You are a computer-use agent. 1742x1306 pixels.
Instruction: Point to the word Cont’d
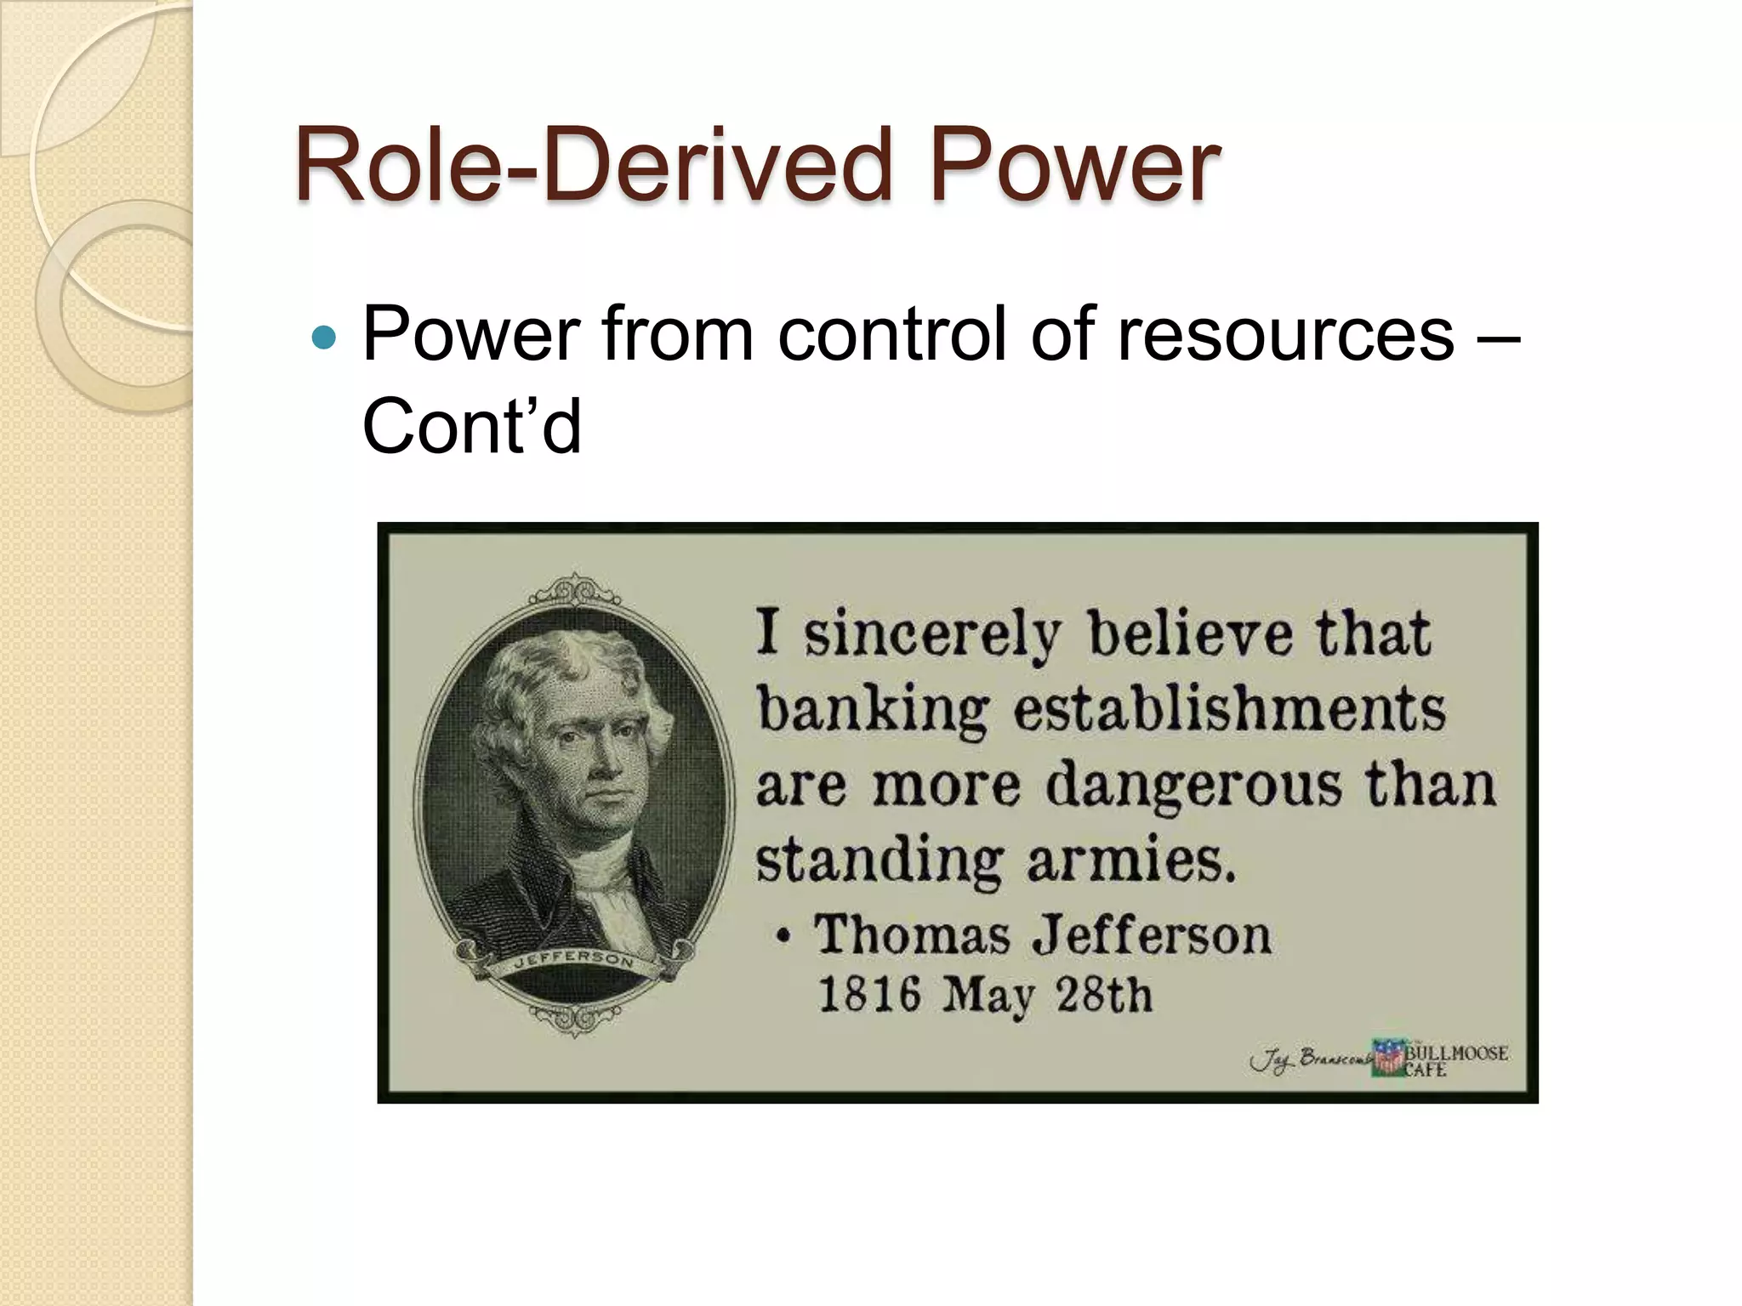pyautogui.click(x=472, y=426)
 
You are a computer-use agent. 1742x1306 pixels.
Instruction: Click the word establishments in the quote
pyautogui.click(x=1229, y=711)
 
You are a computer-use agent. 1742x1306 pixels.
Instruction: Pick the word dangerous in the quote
pyautogui.click(x=1193, y=786)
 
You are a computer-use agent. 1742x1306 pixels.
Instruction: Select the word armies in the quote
pyautogui.click(x=1130, y=860)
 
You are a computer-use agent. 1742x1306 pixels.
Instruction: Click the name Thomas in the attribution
pyautogui.click(x=912, y=935)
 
